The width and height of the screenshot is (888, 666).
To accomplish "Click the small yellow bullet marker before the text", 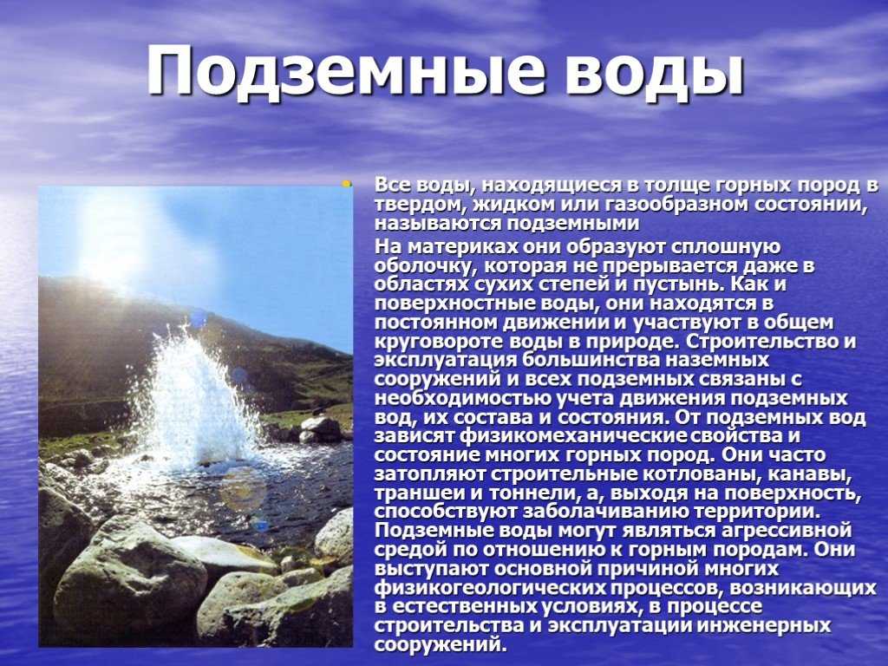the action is click(345, 183).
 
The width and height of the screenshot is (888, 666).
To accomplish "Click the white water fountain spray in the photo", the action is click(193, 396).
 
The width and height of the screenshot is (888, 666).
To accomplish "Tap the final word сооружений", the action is click(439, 645).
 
